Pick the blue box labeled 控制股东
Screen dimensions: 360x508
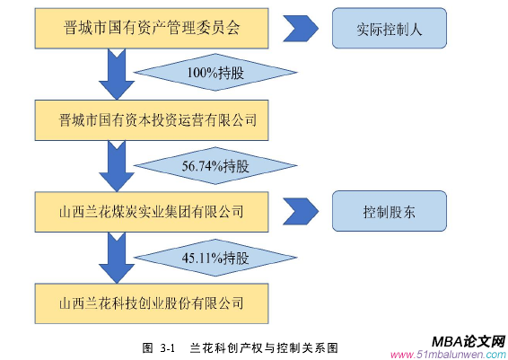389,212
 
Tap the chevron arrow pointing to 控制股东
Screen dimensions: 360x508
301,212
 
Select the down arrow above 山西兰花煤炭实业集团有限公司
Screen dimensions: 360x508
117,165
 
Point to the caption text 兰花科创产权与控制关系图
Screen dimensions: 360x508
261,347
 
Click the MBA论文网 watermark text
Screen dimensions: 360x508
468,340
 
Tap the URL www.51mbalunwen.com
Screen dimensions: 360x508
448,353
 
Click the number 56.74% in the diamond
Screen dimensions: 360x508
202,165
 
